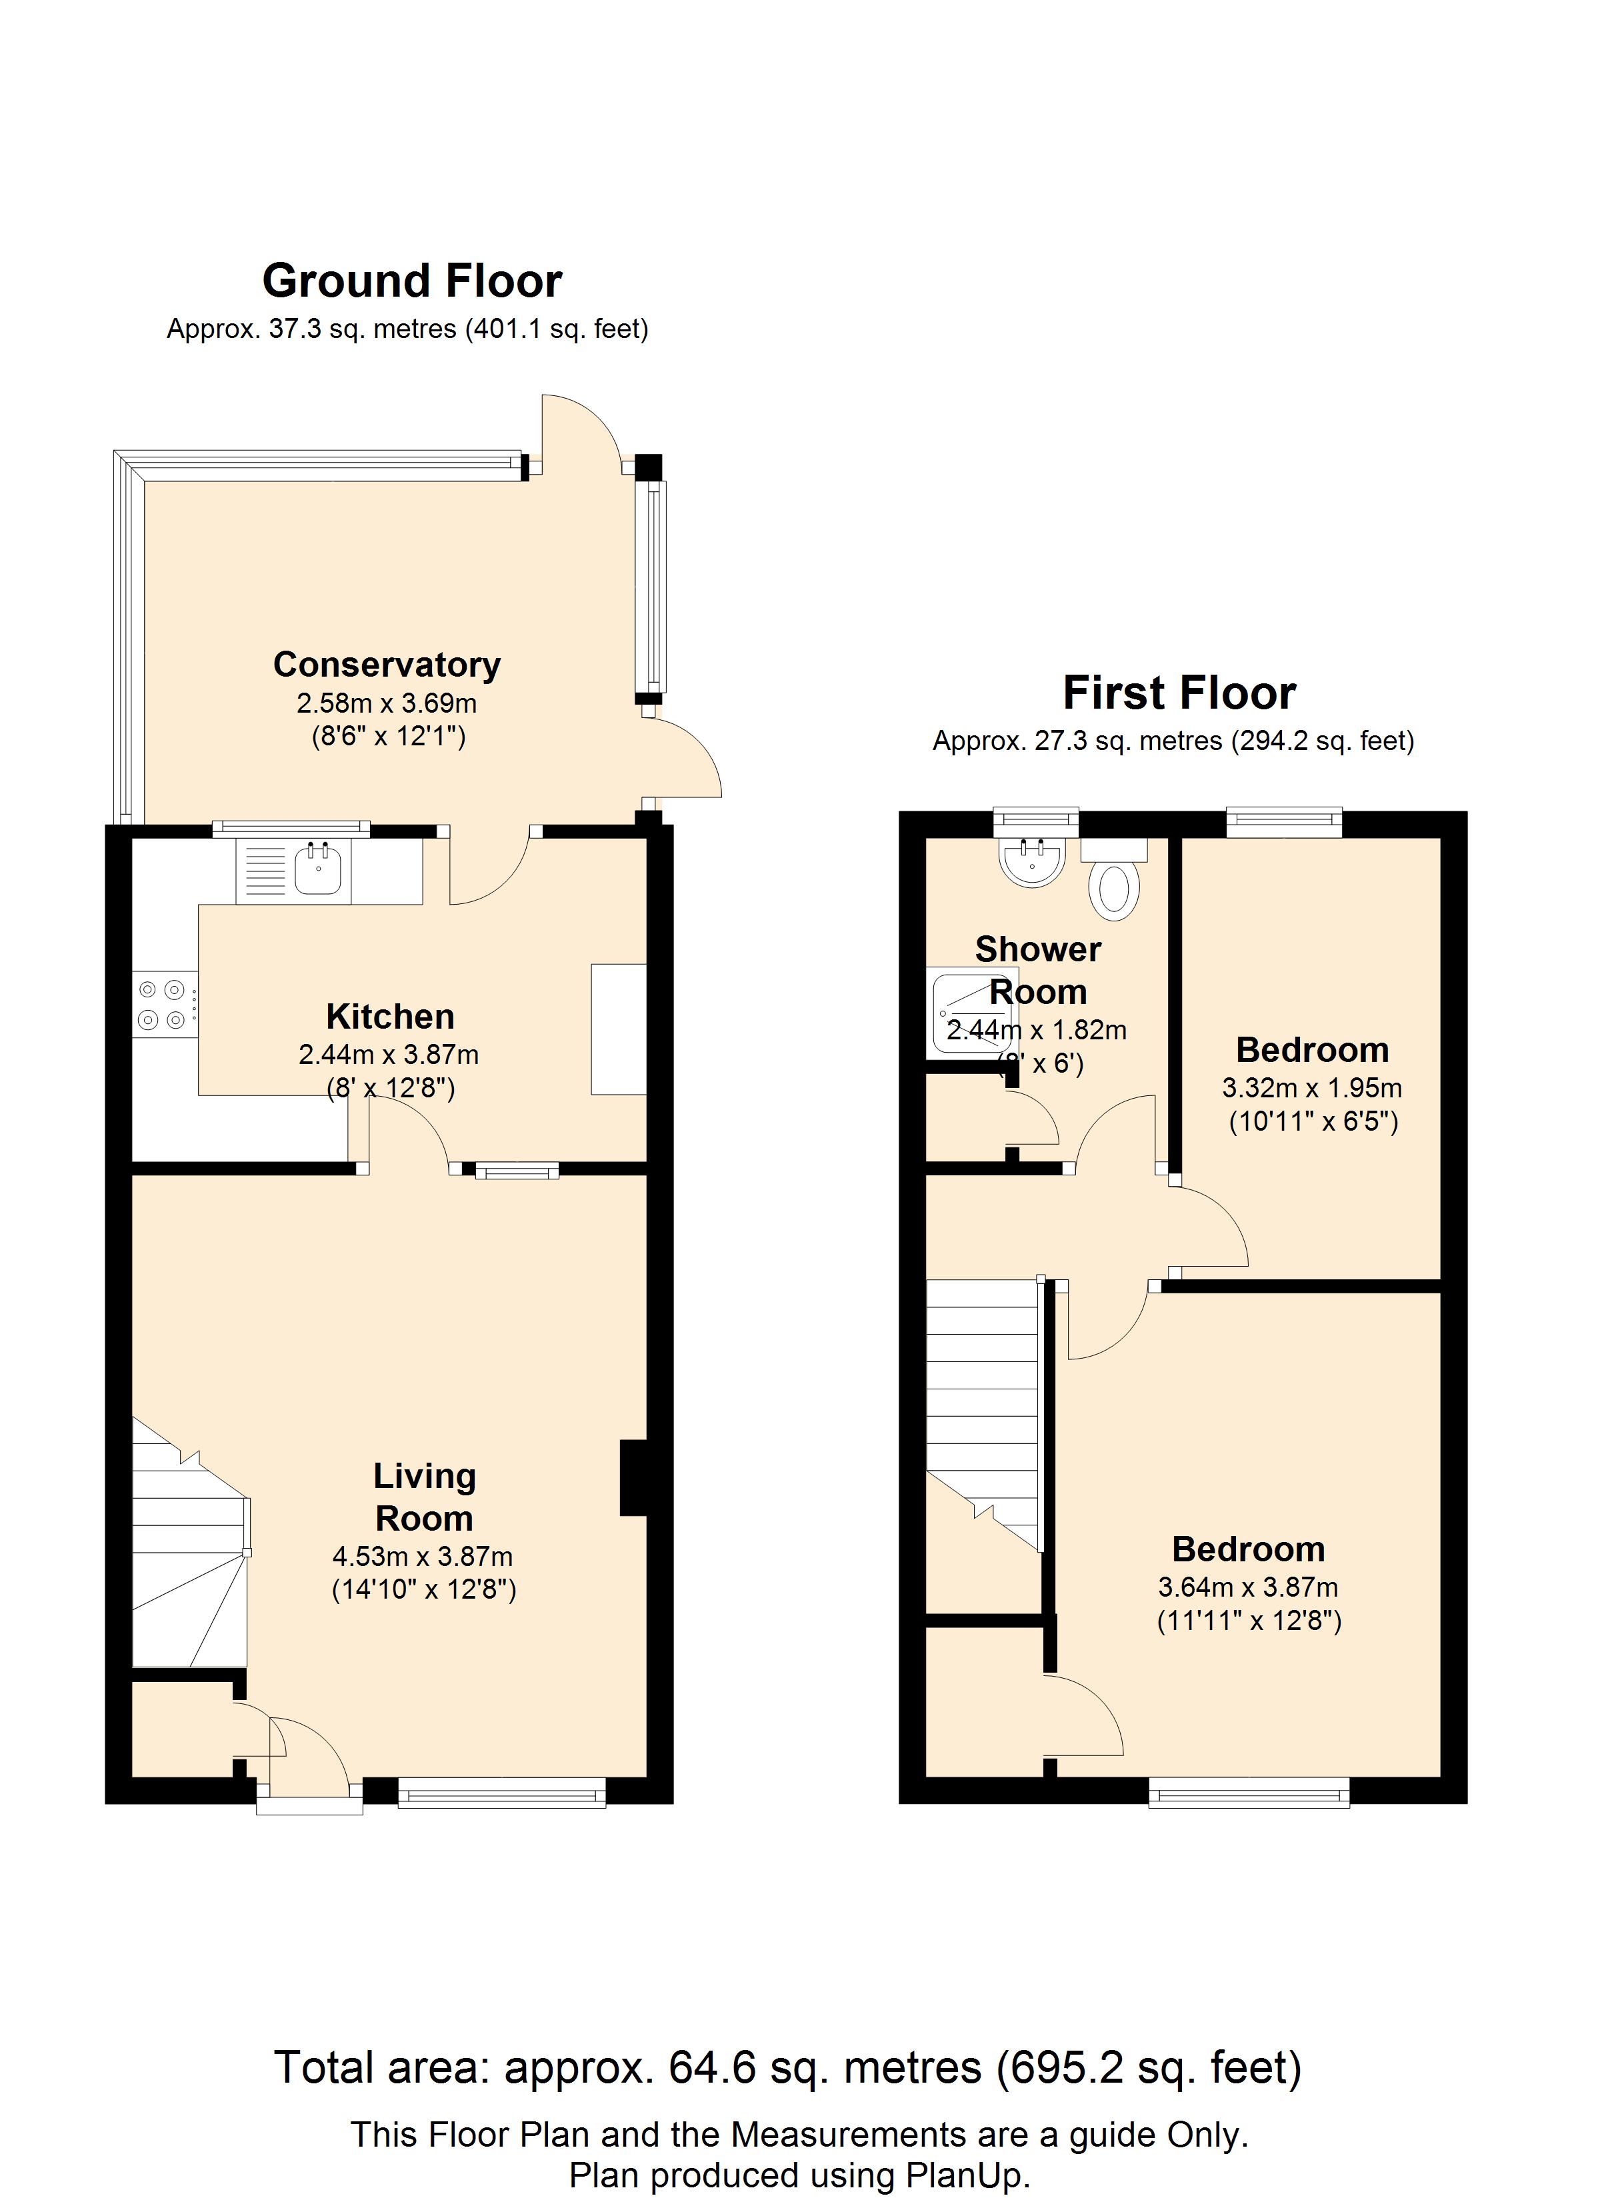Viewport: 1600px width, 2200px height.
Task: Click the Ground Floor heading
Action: click(x=413, y=281)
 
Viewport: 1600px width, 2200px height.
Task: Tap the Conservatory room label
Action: click(x=387, y=665)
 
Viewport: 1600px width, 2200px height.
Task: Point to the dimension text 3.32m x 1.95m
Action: click(x=1312, y=1087)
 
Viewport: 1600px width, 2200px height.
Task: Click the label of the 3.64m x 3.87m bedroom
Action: click(x=1249, y=1549)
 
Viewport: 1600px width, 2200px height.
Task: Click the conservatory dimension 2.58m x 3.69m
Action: click(x=387, y=703)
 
